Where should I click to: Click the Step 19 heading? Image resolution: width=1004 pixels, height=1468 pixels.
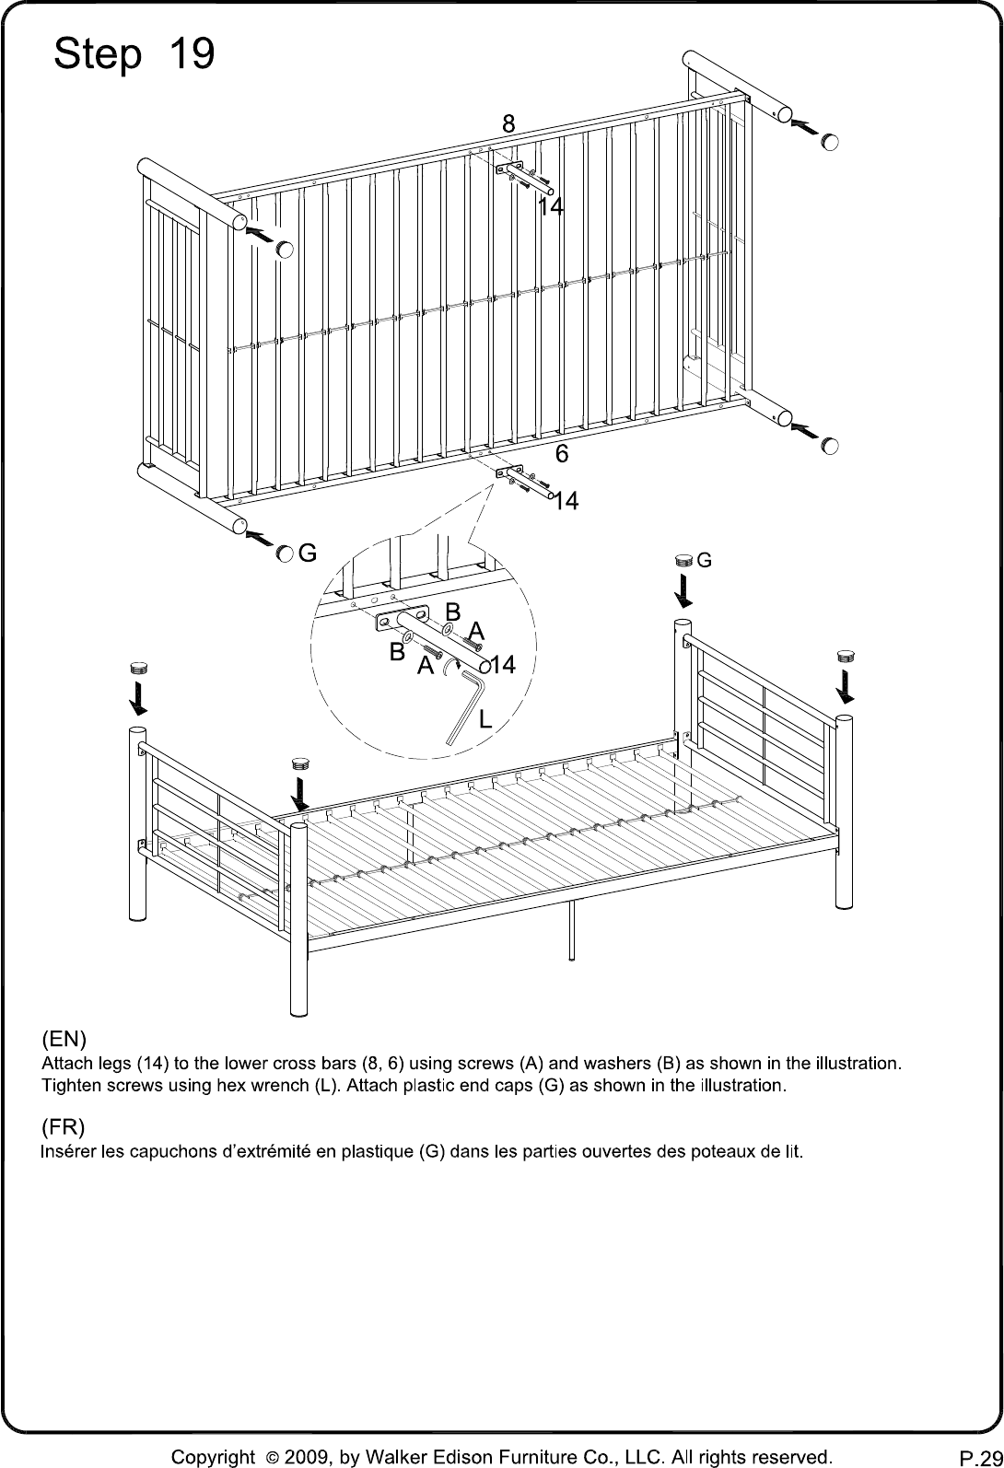[x=134, y=53]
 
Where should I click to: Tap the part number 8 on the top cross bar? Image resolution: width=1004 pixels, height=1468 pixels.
[x=508, y=123]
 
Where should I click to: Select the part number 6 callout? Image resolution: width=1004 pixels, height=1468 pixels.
[x=562, y=453]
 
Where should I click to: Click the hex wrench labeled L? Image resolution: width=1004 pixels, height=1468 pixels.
[x=464, y=707]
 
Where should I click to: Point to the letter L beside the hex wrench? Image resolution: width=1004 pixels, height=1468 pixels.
[x=485, y=719]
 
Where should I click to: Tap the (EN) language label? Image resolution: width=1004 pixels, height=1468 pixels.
[x=64, y=1040]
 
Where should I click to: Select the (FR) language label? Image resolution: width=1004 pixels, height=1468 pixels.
[x=63, y=1126]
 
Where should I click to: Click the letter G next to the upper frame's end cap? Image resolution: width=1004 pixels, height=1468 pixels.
[x=308, y=553]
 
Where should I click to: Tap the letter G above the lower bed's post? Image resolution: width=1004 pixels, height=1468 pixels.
[x=704, y=560]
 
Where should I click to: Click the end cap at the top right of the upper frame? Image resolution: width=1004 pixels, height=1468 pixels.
[x=829, y=141]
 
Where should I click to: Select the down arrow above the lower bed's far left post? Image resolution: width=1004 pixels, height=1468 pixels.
[x=138, y=698]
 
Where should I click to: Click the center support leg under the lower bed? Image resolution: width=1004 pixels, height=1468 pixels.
[x=571, y=930]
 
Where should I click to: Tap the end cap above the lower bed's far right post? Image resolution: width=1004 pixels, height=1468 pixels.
[x=846, y=656]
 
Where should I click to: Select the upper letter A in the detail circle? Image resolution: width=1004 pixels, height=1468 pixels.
[x=476, y=631]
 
